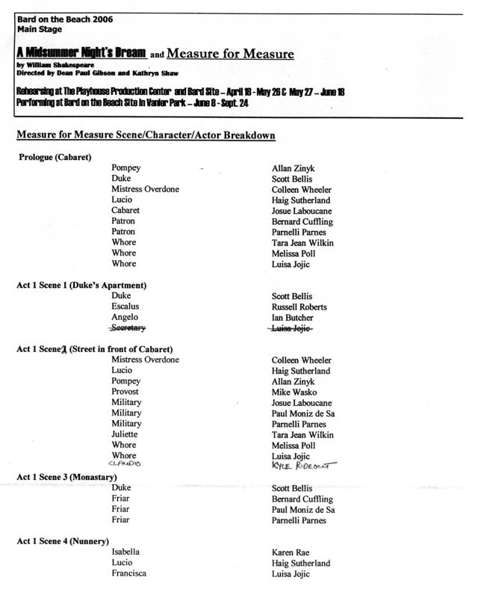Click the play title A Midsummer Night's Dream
[x=81, y=54]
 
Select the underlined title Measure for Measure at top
[x=230, y=54]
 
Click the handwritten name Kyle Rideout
[x=305, y=465]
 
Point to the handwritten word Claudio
[x=125, y=464]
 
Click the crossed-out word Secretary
[x=128, y=327]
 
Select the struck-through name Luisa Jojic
[x=298, y=327]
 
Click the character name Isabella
[x=125, y=552]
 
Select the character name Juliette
[x=125, y=434]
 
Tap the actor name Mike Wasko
[x=295, y=392]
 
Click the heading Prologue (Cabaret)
[x=55, y=157]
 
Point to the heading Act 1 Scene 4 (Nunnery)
[x=63, y=540]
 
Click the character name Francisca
[x=128, y=573]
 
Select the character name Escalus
[x=125, y=306]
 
